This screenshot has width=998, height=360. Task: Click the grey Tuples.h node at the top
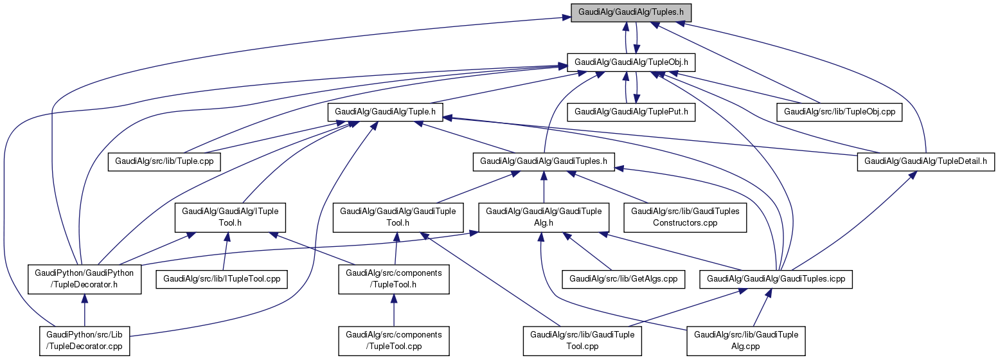632,12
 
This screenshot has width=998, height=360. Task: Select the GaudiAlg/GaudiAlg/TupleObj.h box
632,62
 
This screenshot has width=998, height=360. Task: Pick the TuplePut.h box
631,111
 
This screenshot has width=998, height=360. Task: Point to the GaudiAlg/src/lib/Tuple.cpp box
165,161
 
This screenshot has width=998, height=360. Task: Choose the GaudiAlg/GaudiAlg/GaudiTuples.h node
544,161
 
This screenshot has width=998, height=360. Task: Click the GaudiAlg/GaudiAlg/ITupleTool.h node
231,217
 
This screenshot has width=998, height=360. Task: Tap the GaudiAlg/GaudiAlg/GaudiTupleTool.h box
398,217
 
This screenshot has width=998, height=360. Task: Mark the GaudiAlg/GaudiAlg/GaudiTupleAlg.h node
544,217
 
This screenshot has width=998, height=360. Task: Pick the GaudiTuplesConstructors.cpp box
686,217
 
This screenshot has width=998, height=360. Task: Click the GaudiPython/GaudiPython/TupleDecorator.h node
84,278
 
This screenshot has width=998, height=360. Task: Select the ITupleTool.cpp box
222,279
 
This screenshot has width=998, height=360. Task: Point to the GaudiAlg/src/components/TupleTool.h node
394,278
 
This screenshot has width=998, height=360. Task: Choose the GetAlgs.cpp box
623,279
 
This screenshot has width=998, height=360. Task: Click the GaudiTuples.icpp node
780,279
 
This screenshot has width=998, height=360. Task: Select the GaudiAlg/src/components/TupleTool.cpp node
394,341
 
